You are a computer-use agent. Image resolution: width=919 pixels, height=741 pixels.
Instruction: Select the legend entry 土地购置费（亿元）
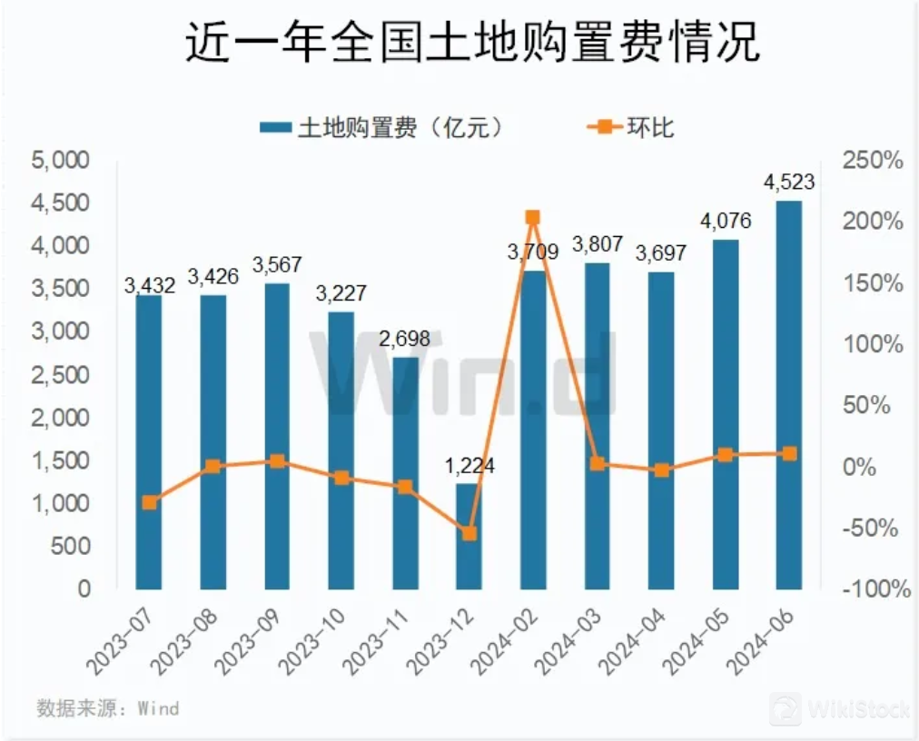tap(381, 127)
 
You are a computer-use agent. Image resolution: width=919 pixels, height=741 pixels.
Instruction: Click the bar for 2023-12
tap(469, 536)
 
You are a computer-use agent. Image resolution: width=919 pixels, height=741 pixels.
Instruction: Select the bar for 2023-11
tap(405, 472)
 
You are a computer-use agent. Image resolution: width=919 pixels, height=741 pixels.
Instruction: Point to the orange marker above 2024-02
tap(533, 217)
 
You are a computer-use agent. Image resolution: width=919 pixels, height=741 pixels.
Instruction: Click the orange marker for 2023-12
tap(469, 533)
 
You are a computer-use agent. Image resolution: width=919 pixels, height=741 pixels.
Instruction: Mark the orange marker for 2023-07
tap(149, 502)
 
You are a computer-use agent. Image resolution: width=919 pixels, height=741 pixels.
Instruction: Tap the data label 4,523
tap(789, 183)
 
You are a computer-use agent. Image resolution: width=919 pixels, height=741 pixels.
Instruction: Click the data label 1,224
tap(469, 467)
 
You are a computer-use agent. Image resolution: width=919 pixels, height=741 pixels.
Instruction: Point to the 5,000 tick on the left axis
tap(61, 161)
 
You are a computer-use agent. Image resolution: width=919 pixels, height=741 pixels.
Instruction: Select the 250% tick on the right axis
tap(872, 162)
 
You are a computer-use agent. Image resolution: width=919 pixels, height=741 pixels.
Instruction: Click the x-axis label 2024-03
tap(568, 640)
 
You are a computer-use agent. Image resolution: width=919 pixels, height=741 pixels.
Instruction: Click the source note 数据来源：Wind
tap(107, 708)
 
